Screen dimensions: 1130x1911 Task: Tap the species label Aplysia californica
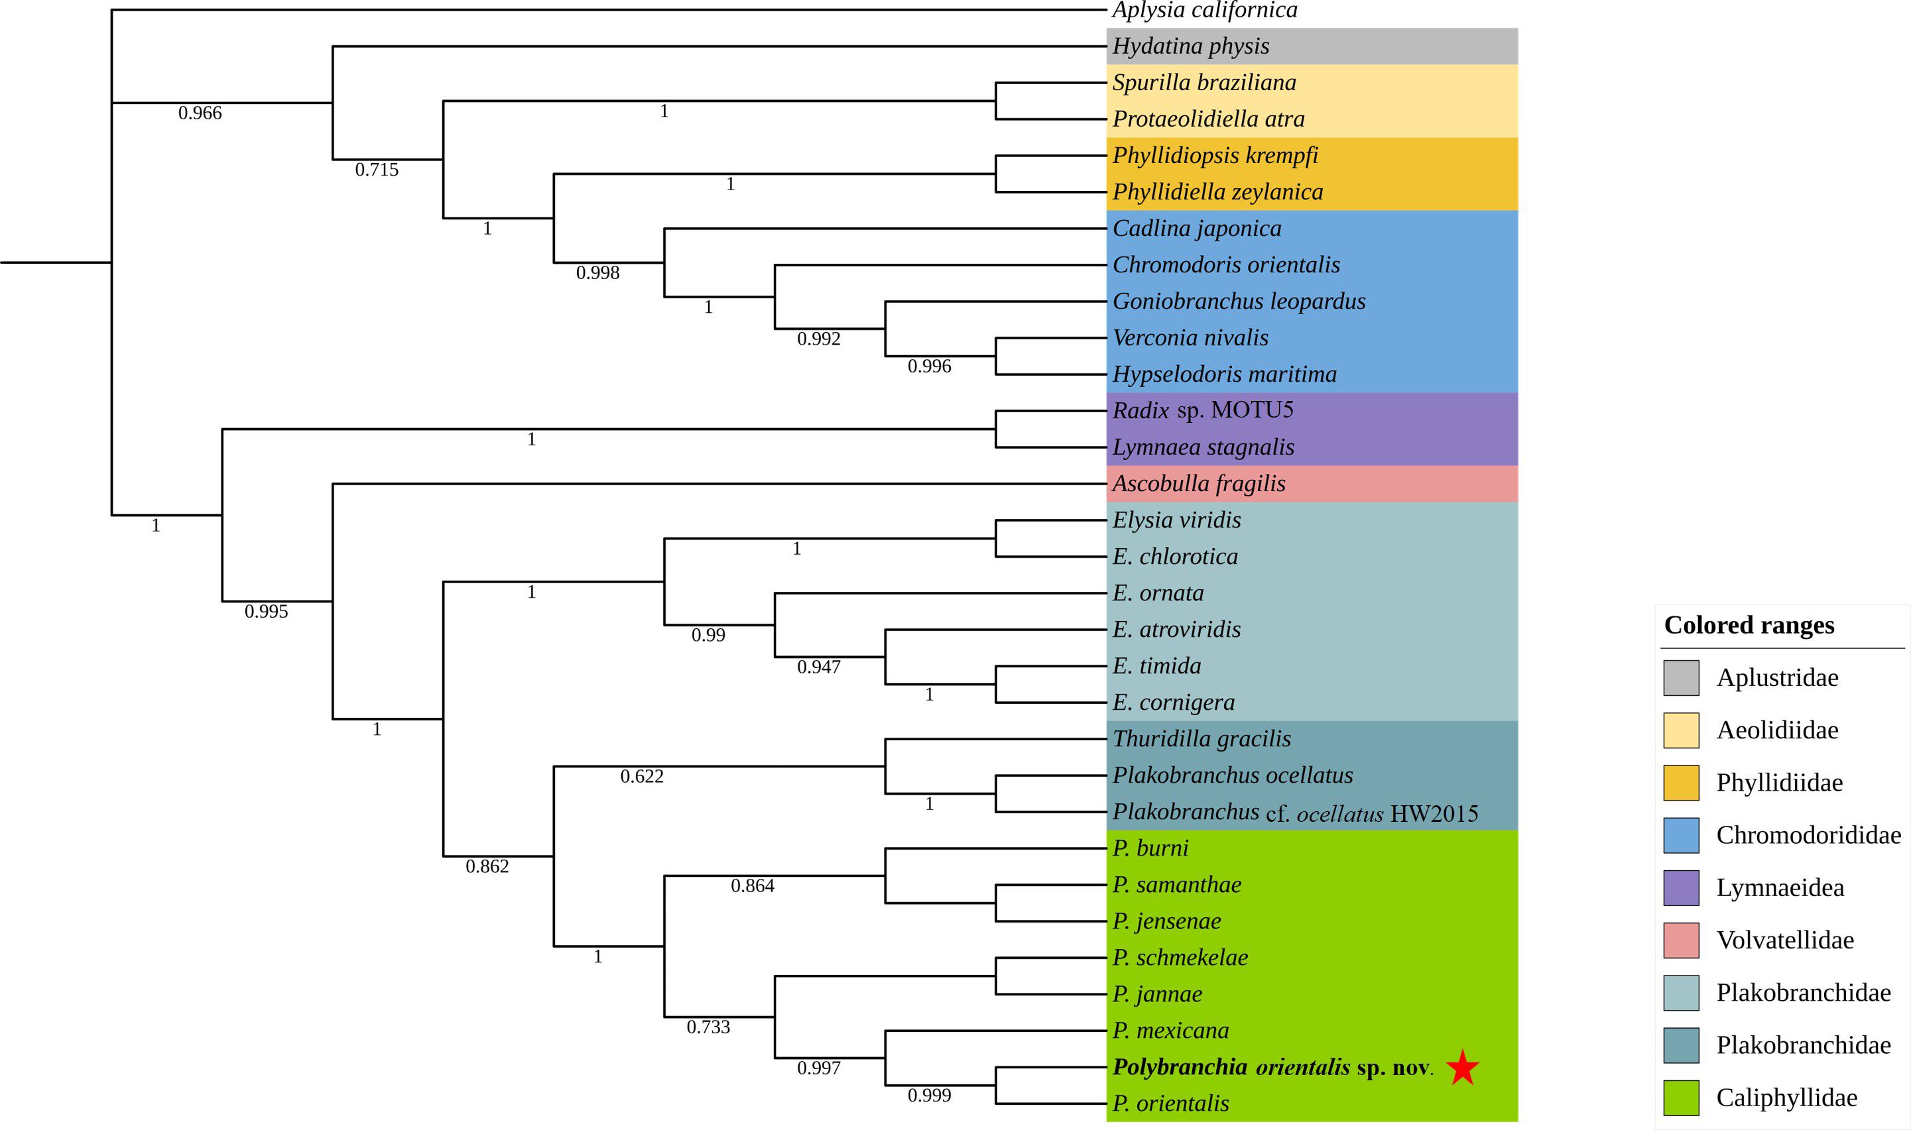(x=1204, y=10)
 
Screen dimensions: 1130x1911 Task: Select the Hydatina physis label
(x=1190, y=46)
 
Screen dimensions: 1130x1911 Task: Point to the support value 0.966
(x=200, y=113)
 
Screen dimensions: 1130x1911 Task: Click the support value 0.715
(x=376, y=170)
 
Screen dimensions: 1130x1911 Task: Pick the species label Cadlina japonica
(x=1197, y=229)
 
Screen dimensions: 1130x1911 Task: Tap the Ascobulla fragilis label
(x=1198, y=484)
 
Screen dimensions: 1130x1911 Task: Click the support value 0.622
(x=641, y=777)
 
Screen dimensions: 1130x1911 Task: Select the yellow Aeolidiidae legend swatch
(x=1681, y=730)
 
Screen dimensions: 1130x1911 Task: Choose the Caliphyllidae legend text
(x=1786, y=1098)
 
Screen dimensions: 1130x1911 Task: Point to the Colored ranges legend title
(x=1749, y=625)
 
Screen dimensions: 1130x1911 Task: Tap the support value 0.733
(x=708, y=1027)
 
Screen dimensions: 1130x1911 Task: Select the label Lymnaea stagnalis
(x=1203, y=447)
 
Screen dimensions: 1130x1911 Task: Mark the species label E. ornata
(x=1158, y=593)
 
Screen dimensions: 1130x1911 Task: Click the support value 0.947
(x=818, y=667)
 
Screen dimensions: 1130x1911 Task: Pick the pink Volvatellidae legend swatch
(x=1681, y=940)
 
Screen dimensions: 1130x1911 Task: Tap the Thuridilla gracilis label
(x=1201, y=738)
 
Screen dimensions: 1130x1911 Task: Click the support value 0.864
(x=752, y=885)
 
